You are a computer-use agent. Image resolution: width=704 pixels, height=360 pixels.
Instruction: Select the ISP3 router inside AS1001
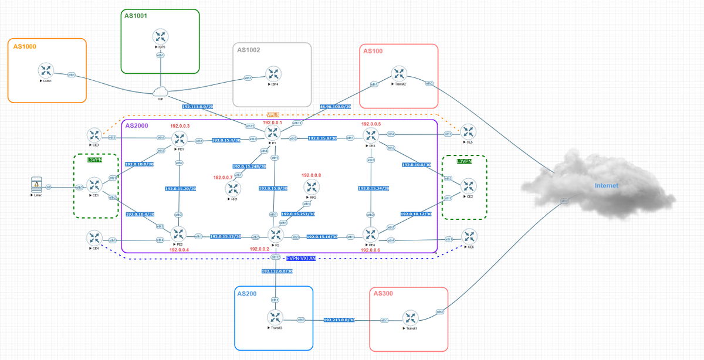(x=160, y=35)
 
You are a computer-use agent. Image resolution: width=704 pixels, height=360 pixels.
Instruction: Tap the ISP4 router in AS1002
(x=273, y=74)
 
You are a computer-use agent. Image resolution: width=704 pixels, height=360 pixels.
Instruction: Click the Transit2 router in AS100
(x=399, y=74)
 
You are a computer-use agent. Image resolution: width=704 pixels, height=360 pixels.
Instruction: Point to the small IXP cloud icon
(x=160, y=92)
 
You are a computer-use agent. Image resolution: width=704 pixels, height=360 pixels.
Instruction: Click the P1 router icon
(x=273, y=133)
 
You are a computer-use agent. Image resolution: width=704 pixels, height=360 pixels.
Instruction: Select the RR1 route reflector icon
(x=233, y=188)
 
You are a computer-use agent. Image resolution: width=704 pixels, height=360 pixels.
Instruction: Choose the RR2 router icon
(x=311, y=187)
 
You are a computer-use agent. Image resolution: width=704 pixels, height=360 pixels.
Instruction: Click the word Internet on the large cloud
(x=606, y=186)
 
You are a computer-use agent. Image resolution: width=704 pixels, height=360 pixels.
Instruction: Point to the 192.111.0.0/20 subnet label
(x=198, y=107)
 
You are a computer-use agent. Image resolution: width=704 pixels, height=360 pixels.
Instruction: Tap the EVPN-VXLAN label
(x=301, y=258)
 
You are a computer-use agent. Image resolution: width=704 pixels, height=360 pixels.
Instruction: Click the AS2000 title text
(x=137, y=126)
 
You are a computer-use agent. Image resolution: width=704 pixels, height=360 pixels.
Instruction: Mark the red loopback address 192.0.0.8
(x=312, y=175)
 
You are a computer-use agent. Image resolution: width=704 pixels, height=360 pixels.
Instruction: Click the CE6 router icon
(x=469, y=237)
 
